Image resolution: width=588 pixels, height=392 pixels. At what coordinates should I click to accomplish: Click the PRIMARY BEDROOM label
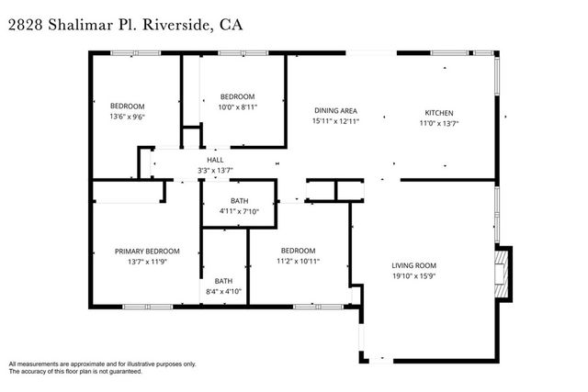coord(147,251)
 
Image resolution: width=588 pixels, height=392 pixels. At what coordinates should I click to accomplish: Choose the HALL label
coord(215,160)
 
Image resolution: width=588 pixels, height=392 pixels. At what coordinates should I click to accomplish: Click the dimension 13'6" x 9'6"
coord(129,117)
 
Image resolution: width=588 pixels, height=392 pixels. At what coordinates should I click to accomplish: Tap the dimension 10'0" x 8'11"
coord(237,107)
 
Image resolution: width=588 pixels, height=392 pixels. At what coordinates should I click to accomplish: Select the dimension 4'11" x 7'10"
coord(239,212)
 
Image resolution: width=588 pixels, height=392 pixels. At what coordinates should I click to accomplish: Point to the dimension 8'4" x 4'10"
coord(223,292)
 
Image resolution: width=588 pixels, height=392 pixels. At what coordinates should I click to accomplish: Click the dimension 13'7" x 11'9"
coord(147,262)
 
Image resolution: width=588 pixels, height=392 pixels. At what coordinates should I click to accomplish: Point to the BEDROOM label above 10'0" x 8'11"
coord(237,96)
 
